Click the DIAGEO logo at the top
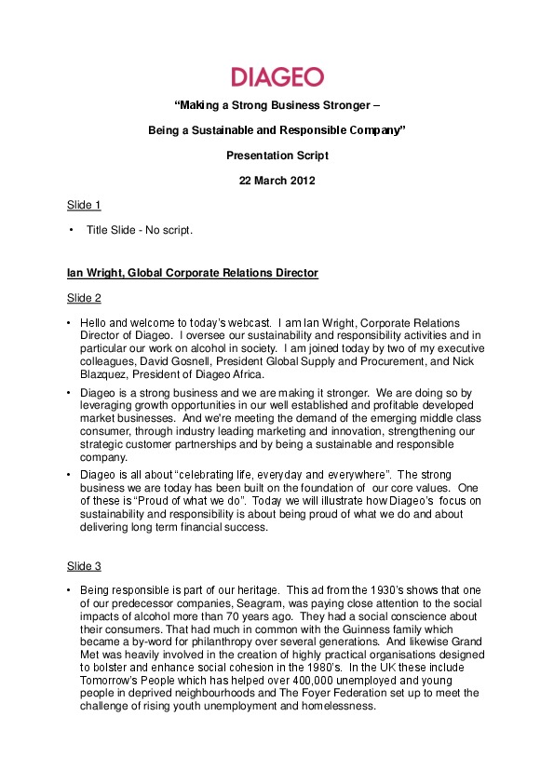tap(277, 76)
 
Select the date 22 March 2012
tap(277, 181)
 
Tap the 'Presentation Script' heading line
tap(277, 155)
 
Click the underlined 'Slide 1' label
tap(84, 205)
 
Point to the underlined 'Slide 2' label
tap(84, 297)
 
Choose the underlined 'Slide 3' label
tap(84, 566)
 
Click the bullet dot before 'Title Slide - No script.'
tap(70, 229)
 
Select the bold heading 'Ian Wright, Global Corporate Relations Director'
tap(192, 273)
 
